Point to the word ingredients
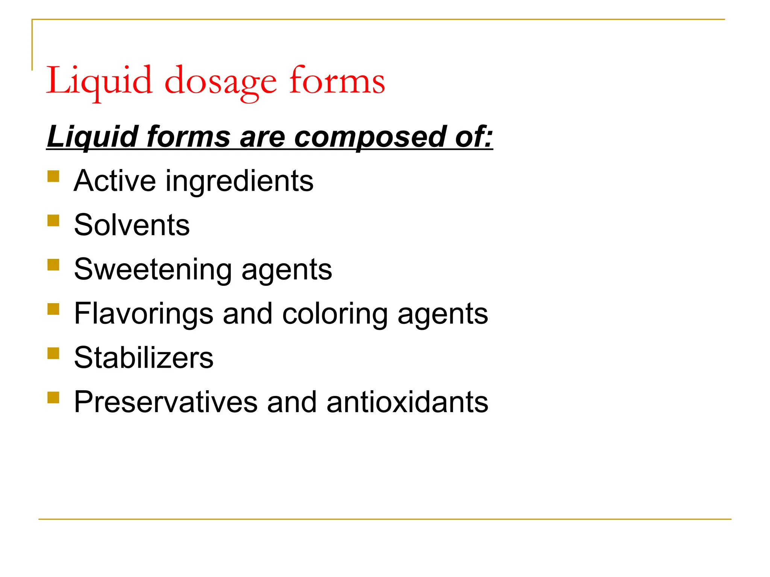(239, 181)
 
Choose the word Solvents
(132, 225)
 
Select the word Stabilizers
(144, 357)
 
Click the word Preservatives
(166, 402)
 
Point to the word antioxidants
(407, 402)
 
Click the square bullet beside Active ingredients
(53, 176)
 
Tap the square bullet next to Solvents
(53, 221)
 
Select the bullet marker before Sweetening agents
(53, 265)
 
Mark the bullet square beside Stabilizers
(53, 353)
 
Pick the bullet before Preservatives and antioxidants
(53, 397)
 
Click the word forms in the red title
(337, 81)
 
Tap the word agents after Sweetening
(287, 270)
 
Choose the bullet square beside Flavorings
(53, 309)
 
